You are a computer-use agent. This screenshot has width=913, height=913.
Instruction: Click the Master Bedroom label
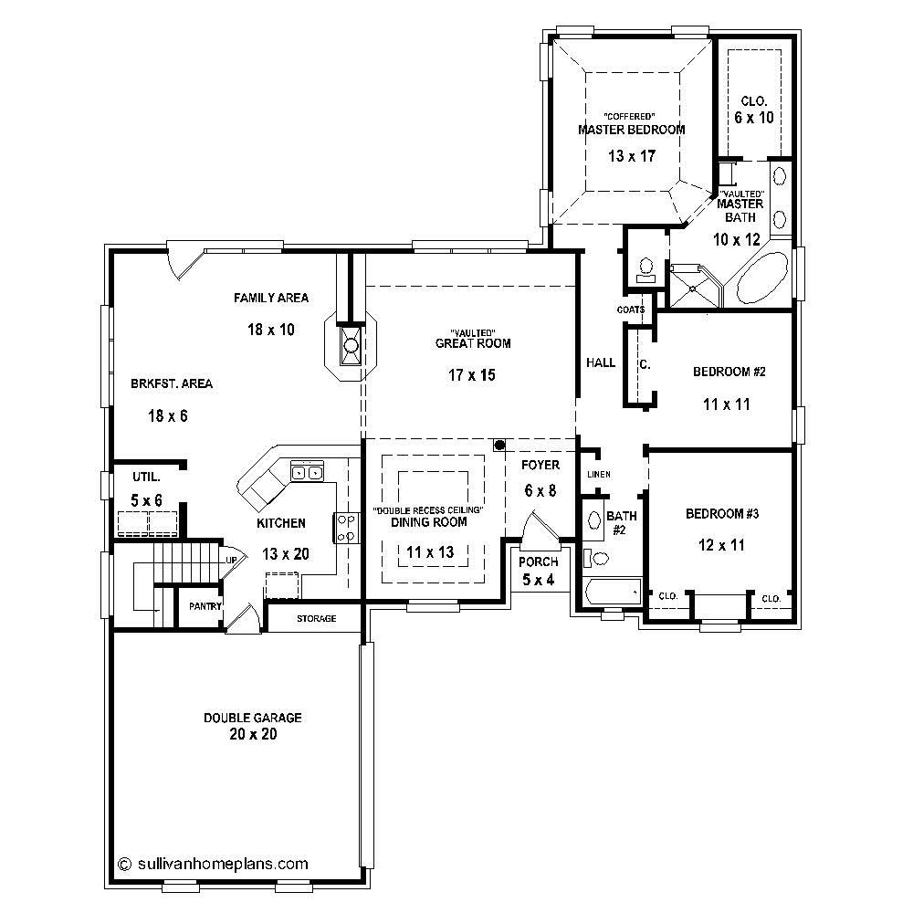coord(631,130)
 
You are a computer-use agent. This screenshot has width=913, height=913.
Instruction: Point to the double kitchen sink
coord(307,472)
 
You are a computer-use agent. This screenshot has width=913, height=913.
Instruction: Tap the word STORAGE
coord(316,618)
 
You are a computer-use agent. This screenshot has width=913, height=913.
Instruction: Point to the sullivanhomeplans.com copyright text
coord(215,863)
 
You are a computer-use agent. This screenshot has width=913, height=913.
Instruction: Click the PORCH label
coord(538,561)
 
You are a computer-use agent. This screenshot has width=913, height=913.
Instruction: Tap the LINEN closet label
coord(598,475)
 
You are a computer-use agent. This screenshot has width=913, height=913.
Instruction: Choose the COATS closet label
coord(631,310)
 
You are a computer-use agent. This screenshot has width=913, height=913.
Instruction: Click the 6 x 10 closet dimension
coord(753,118)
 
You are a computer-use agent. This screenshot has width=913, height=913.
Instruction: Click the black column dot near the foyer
coord(498,445)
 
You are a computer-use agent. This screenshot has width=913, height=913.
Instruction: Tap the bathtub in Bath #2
coord(611,593)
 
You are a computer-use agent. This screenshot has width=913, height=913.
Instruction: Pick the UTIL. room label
coord(146,477)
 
